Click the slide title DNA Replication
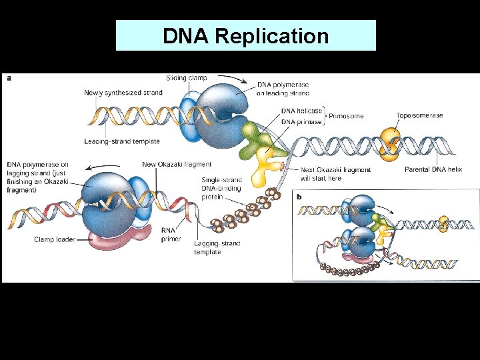point(245,36)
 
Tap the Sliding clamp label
point(186,78)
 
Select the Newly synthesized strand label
point(123,93)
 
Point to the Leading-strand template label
point(122,141)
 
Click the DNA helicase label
point(301,111)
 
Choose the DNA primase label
point(301,121)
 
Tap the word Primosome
point(346,116)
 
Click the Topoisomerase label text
point(419,115)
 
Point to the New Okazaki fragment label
point(177,164)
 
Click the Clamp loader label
point(54,239)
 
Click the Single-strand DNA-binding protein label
point(221,188)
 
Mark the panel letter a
point(9,78)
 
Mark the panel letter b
point(299,197)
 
